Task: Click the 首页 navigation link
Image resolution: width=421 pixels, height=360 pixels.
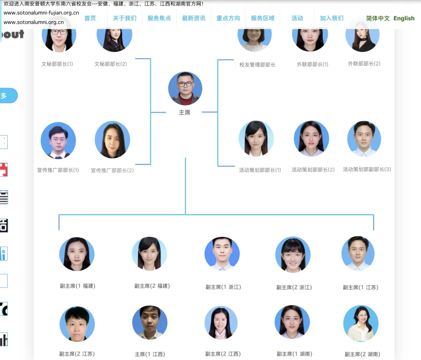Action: click(x=90, y=18)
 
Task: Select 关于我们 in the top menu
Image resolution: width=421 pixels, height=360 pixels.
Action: click(x=125, y=18)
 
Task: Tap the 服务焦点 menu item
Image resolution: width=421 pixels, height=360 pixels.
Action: click(x=159, y=18)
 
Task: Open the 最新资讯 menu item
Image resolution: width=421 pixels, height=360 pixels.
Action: click(x=194, y=18)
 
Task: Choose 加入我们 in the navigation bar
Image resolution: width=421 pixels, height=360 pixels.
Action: click(x=332, y=18)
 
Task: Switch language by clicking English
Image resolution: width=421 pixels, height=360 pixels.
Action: click(x=404, y=18)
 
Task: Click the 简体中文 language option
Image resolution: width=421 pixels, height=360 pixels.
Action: click(x=378, y=18)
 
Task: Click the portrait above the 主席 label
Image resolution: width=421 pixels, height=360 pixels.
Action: click(x=185, y=89)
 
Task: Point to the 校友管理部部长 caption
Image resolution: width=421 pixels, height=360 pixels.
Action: click(x=257, y=65)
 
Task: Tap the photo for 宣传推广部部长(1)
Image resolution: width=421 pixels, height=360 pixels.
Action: click(x=58, y=140)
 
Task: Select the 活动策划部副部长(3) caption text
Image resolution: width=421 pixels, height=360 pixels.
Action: click(x=367, y=169)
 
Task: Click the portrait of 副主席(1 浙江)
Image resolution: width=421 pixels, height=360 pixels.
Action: click(x=222, y=254)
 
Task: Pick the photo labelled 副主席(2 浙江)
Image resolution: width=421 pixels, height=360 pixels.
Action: click(x=293, y=254)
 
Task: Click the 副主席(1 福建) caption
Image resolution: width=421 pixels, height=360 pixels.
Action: click(x=78, y=286)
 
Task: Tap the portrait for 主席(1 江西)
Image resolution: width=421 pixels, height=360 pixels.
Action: click(x=150, y=323)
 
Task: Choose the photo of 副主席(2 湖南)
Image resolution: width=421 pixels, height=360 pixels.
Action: click(x=361, y=323)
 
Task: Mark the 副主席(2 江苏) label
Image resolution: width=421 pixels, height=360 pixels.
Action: click(x=77, y=354)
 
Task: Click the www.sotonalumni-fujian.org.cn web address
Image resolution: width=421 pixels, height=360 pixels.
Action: click(x=41, y=12)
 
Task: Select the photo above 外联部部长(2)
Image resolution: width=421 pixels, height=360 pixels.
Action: click(x=363, y=35)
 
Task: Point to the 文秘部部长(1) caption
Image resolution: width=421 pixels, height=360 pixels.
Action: click(x=57, y=64)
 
